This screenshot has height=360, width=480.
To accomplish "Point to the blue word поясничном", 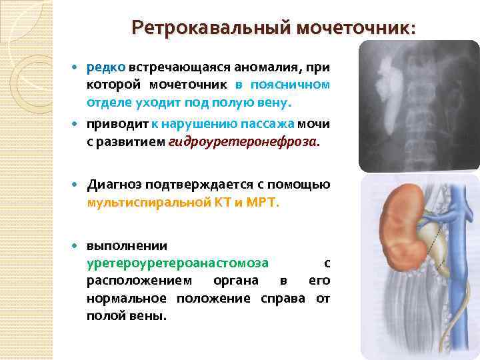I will [x=290, y=85].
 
